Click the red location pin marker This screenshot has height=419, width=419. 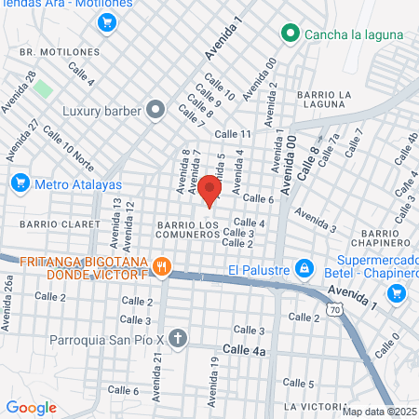209,191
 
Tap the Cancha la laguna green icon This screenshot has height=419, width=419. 290,35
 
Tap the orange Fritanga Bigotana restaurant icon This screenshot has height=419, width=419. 163,268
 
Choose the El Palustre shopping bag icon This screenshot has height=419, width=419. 303,270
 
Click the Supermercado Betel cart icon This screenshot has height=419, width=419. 397,292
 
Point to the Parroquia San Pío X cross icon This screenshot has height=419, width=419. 179,338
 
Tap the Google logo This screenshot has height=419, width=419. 31,407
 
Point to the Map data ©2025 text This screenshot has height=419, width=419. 379,411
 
